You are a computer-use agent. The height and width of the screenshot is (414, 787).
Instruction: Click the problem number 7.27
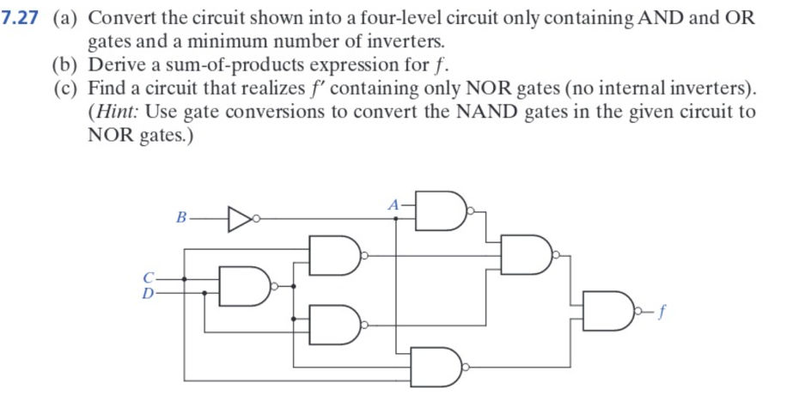pos(24,18)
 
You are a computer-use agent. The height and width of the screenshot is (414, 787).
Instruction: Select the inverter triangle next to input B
pos(238,219)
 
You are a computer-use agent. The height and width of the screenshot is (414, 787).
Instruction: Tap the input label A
pos(393,205)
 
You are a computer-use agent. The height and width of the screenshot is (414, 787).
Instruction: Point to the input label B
pos(180,219)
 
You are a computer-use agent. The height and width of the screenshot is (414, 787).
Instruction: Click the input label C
pos(149,278)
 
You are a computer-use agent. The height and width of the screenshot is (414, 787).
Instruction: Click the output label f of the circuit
pos(663,314)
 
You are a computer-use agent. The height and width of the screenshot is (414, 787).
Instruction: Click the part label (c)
pos(68,88)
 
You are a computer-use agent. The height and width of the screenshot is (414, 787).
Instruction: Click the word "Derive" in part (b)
pos(118,64)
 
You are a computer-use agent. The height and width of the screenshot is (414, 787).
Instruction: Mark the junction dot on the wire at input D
pos(204,293)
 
